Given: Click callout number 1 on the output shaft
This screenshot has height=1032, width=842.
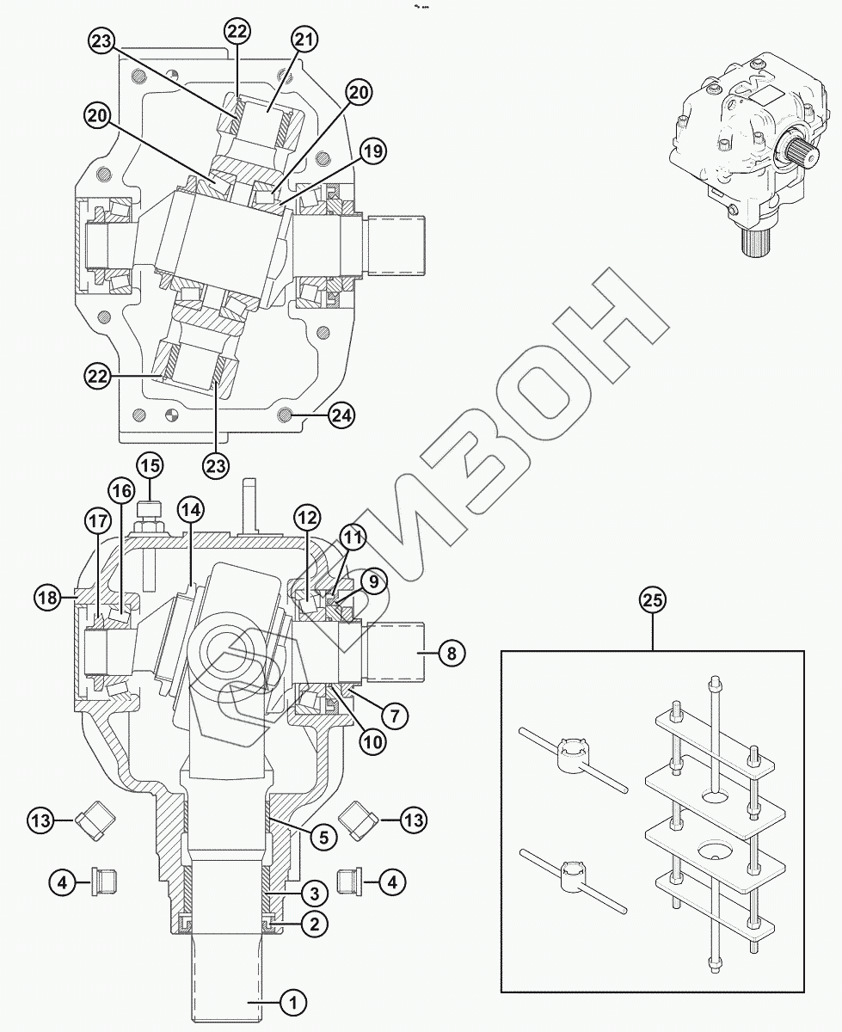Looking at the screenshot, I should [292, 1001].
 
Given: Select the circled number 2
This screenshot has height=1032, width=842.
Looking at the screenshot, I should [314, 924].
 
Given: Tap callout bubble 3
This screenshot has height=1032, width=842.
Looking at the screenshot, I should [314, 894].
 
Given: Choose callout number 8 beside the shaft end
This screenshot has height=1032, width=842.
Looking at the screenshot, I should [450, 654].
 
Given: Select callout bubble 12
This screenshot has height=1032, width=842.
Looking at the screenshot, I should [307, 518].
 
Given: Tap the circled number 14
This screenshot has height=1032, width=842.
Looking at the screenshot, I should [191, 509].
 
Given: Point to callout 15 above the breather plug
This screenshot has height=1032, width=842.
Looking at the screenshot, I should [150, 466].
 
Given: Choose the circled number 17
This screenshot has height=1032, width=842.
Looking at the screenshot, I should [97, 521].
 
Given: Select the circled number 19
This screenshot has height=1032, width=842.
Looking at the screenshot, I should [372, 151].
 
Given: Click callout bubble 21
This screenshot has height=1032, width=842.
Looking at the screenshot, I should [304, 40].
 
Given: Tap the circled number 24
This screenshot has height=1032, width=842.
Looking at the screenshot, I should [341, 415].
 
